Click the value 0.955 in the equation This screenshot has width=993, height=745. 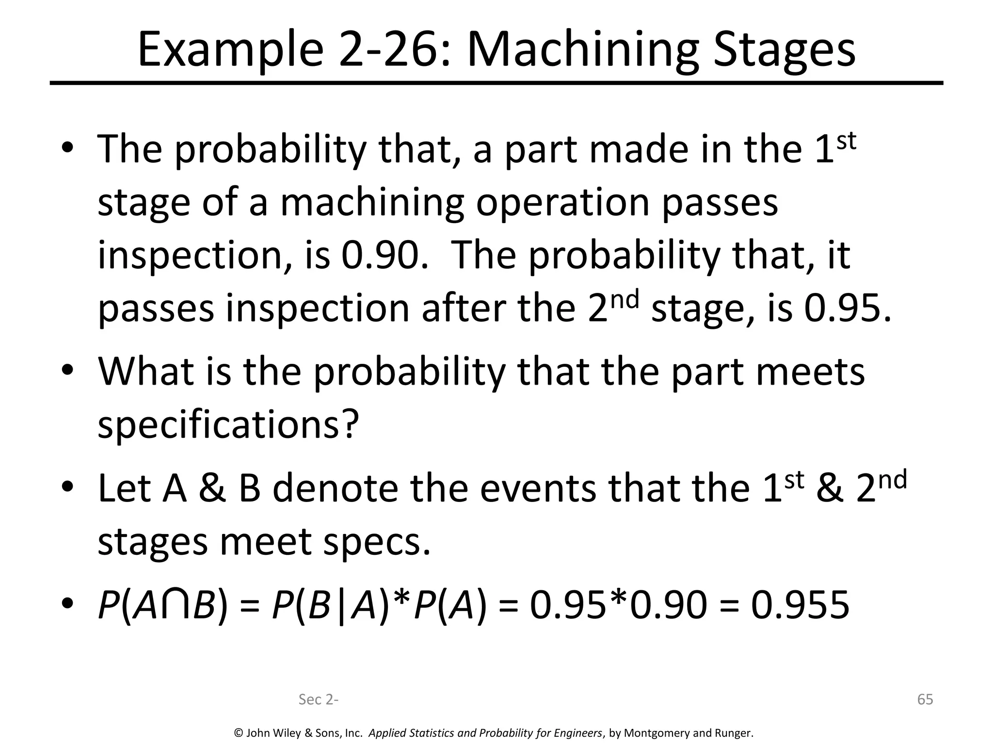(x=800, y=605)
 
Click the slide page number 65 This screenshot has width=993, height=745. (x=925, y=699)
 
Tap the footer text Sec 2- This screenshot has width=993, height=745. (x=319, y=699)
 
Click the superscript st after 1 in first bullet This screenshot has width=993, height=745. (x=846, y=141)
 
